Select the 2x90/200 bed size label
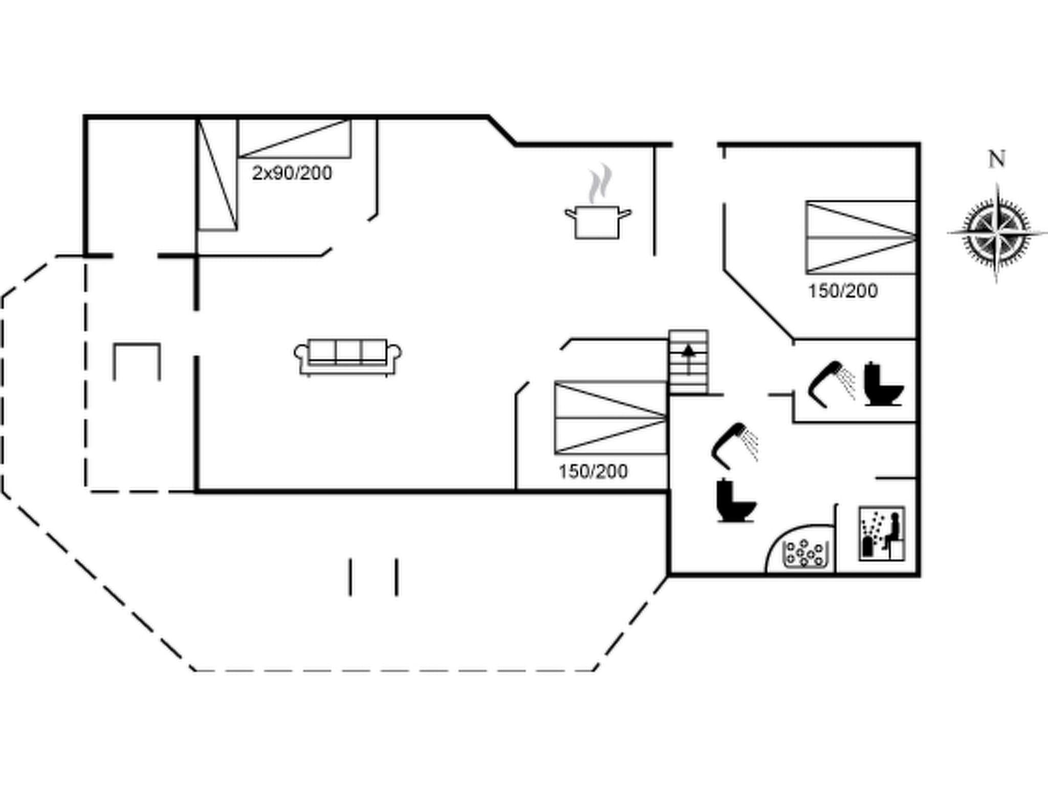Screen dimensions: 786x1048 292,173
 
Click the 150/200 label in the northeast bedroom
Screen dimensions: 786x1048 843,291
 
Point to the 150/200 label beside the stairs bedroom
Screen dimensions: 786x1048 593,471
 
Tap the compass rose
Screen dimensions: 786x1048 996,233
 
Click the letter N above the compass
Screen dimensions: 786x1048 996,159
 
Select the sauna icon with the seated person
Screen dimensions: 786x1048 881,533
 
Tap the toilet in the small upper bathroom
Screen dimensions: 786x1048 883,384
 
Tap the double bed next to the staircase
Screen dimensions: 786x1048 610,418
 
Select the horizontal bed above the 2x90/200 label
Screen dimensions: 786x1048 294,138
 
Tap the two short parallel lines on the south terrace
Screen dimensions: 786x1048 374,577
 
